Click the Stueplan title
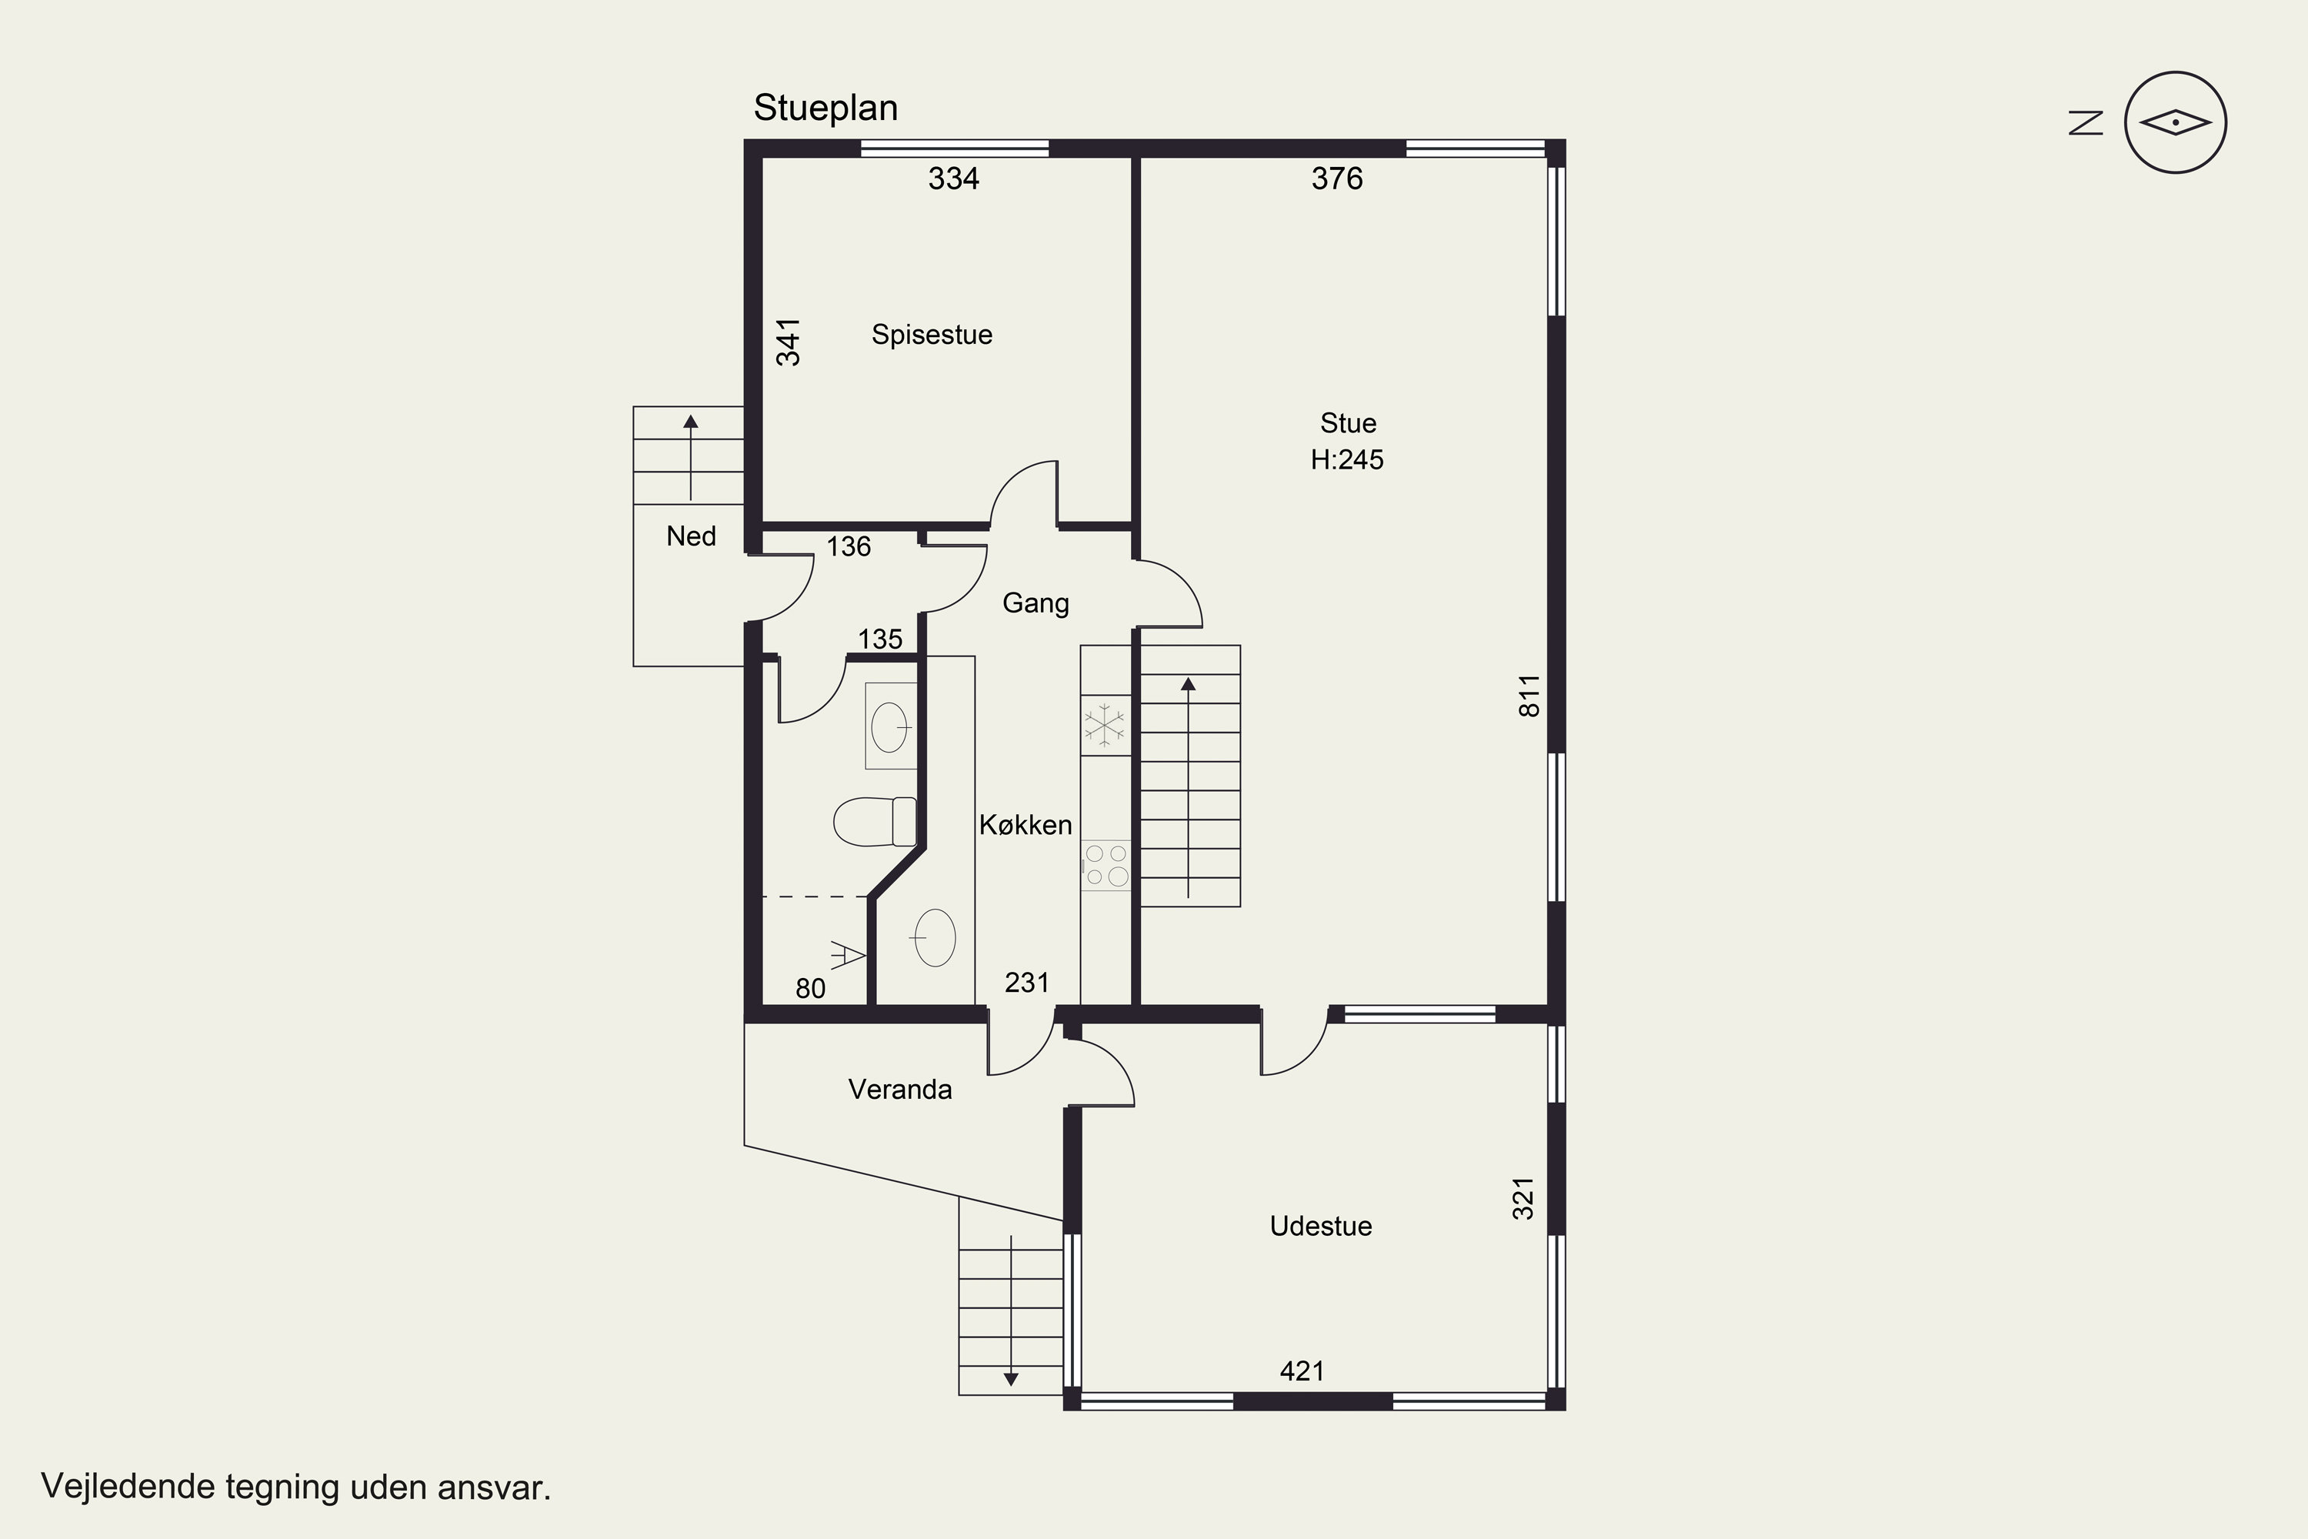click(825, 108)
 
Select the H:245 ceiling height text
click(1347, 459)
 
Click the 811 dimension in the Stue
click(1529, 696)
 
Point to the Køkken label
click(1026, 824)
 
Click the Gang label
click(1036, 603)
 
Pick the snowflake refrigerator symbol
click(1104, 726)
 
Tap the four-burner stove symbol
click(1106, 866)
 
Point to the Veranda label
click(900, 1090)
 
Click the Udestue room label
click(1321, 1226)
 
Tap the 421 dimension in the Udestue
click(1302, 1371)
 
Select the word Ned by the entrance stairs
click(691, 536)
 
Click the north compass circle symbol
click(2176, 122)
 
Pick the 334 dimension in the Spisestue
click(954, 178)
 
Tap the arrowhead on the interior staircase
click(1189, 684)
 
